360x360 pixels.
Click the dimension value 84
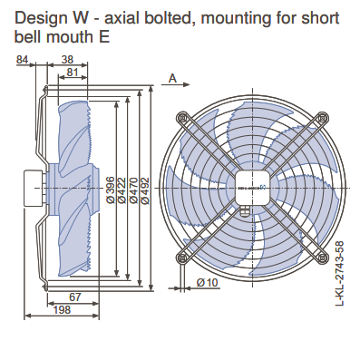pyautogui.click(x=22, y=60)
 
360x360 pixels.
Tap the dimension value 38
pyautogui.click(x=67, y=60)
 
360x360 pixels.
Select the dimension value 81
pyautogui.click(x=73, y=73)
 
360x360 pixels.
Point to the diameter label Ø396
pyautogui.click(x=111, y=190)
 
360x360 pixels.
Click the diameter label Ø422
pyautogui.click(x=122, y=190)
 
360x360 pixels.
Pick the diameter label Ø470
pyautogui.click(x=133, y=190)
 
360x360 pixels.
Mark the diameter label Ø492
pyautogui.click(x=145, y=190)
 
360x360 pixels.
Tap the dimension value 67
pyautogui.click(x=75, y=297)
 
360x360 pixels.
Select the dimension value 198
pyautogui.click(x=62, y=310)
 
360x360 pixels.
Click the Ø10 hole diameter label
pyautogui.click(x=208, y=283)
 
